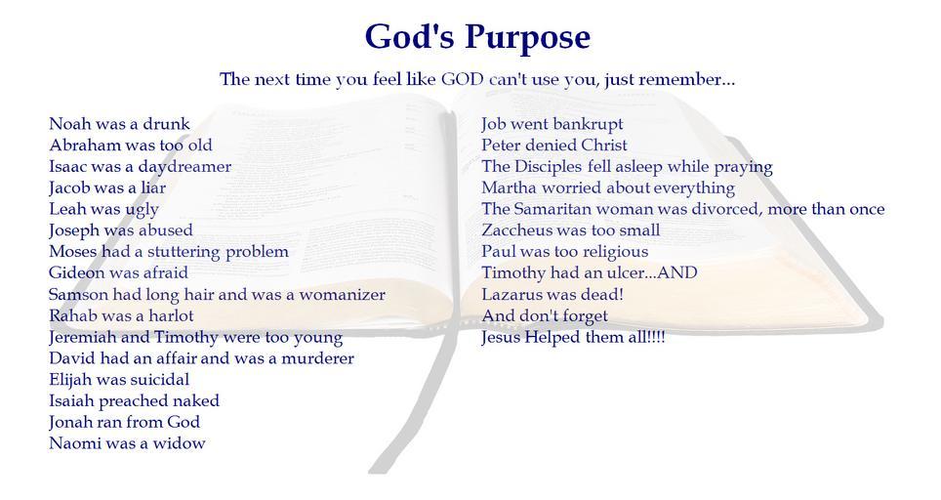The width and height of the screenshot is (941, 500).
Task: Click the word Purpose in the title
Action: tap(527, 38)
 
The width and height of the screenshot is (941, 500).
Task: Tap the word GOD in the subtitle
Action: tap(462, 79)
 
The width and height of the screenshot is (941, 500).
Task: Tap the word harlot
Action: tap(171, 315)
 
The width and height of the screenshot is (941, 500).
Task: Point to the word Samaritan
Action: tap(552, 209)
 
